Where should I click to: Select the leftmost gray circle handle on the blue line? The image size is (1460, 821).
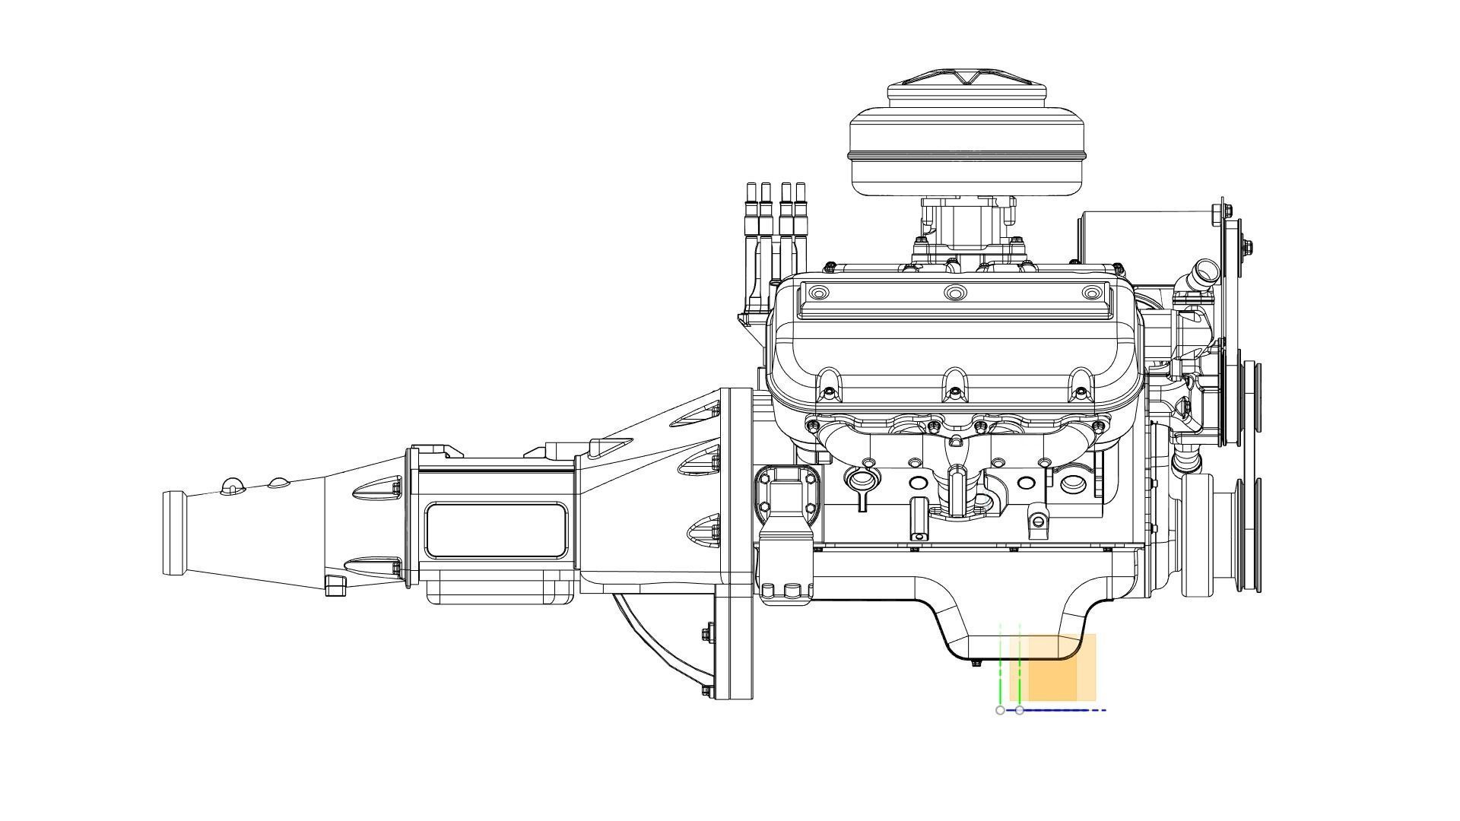coord(1000,710)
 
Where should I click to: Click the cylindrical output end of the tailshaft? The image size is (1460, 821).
coord(174,533)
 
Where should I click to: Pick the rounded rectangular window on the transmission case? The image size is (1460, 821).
coord(497,530)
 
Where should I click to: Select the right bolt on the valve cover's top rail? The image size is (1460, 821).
coord(1091,293)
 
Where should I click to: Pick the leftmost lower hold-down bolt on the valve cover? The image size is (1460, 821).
coord(828,393)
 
